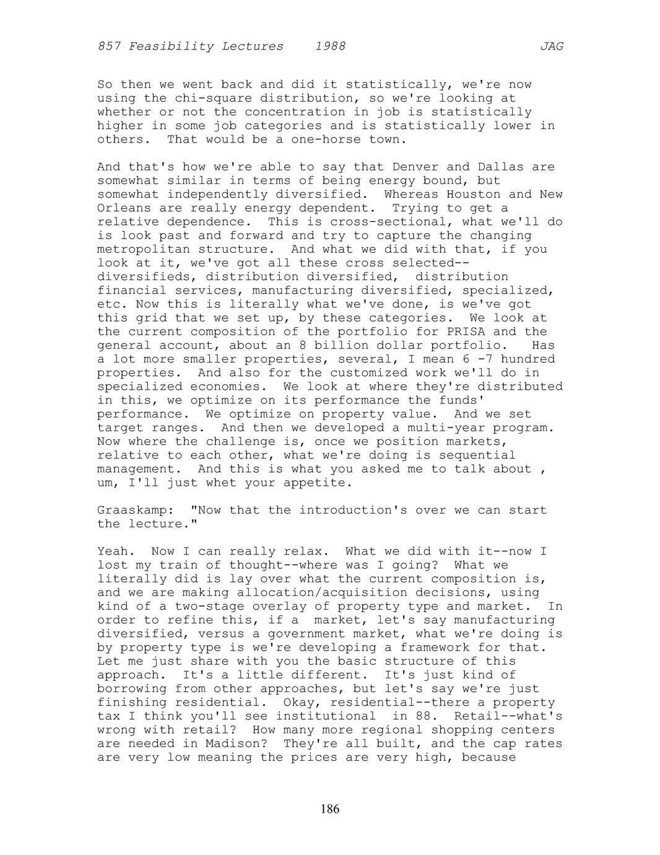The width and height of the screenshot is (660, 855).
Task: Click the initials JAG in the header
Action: coord(552,46)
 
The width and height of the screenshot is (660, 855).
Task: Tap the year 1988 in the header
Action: coord(330,46)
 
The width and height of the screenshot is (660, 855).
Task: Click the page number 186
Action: coord(330,809)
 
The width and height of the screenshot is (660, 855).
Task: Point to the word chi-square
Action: coord(214,98)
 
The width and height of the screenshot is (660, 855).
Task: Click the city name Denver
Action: coord(415,167)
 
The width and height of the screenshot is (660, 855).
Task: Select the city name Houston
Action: coord(474,195)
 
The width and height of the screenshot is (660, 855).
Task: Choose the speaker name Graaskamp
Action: coord(131,510)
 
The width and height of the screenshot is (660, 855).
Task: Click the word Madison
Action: coord(245,743)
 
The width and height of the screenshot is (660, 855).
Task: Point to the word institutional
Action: coord(326,716)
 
